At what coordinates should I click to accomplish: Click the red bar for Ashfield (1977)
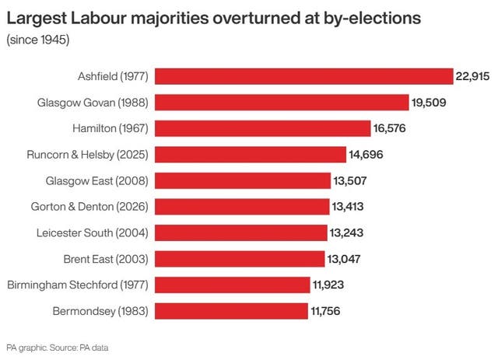(303, 76)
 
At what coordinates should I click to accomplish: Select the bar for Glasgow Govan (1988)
(282, 102)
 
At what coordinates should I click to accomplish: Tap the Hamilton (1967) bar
(263, 128)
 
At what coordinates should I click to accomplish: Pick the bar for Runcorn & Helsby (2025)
(251, 155)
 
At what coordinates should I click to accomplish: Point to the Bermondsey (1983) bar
(232, 311)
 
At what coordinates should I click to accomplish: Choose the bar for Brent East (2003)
(240, 259)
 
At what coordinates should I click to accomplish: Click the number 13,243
(347, 232)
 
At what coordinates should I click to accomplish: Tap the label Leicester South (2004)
(93, 232)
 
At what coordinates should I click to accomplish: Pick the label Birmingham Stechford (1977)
(78, 285)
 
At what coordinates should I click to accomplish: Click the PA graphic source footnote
(57, 348)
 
